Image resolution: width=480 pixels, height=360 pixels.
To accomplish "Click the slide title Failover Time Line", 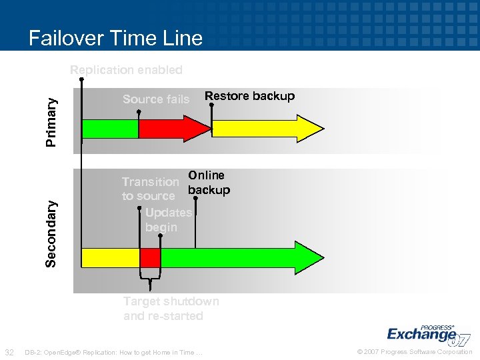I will coord(115,38).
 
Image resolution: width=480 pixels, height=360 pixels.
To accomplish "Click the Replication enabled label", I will coord(126,70).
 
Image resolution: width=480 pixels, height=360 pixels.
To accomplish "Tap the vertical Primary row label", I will coord(51,121).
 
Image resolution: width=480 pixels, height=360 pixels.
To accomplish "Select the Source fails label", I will coord(156,99).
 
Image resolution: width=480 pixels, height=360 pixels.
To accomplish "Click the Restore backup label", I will coord(249,96).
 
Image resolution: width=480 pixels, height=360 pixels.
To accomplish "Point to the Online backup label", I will coord(208,183).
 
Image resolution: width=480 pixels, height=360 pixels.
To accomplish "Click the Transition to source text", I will coord(149,189).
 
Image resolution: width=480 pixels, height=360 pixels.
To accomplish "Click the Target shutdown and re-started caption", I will coord(171,309).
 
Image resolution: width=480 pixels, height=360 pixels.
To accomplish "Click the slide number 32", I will coord(9,352).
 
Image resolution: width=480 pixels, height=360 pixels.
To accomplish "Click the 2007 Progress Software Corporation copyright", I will coord(414,352).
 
